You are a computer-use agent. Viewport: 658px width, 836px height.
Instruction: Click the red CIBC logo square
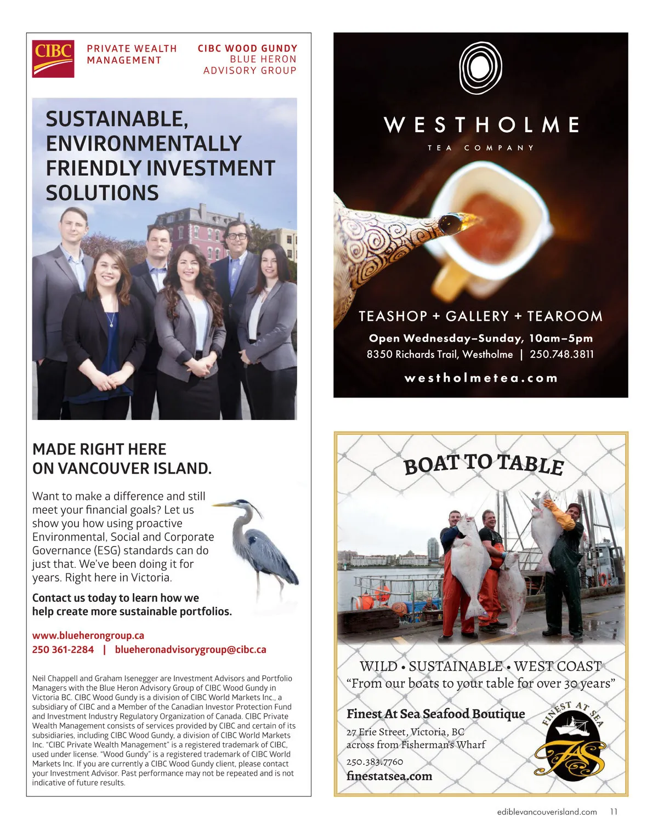point(53,59)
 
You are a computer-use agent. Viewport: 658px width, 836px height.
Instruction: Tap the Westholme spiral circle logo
point(481,67)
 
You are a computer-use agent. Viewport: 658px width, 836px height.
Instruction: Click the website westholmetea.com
point(481,378)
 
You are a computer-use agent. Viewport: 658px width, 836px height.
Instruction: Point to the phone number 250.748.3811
point(561,354)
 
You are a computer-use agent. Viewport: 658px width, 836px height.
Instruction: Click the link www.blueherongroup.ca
point(88,635)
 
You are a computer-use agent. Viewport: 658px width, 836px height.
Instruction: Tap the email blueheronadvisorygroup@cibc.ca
point(190,650)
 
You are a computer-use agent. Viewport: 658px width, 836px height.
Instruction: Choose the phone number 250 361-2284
point(63,650)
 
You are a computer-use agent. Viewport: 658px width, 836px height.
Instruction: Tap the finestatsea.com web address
point(389,776)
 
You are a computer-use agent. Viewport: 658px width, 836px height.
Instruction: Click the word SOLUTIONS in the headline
point(103,193)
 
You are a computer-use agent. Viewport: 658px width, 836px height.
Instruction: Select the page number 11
point(614,812)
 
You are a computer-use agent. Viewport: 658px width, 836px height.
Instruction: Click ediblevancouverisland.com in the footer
point(543,812)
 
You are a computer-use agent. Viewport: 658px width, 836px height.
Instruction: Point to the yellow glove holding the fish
point(559,516)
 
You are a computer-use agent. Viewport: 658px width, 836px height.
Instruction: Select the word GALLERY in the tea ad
point(477,316)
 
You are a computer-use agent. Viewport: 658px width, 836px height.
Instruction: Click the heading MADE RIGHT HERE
point(99,450)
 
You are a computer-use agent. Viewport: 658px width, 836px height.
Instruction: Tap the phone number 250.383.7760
point(375,761)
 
